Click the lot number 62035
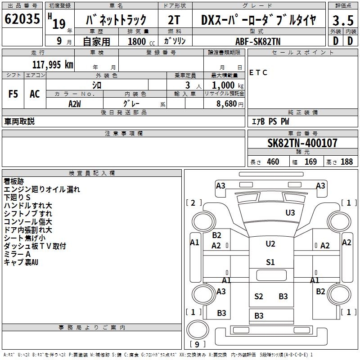[x=22, y=20]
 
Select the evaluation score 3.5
[x=342, y=21]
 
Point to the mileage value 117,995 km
[x=53, y=65]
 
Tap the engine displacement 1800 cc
[x=140, y=41]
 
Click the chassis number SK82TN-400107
[x=302, y=144]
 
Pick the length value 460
[x=273, y=162]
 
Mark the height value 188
[x=346, y=162]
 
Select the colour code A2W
[x=75, y=103]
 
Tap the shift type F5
[x=13, y=94]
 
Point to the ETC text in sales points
[x=258, y=72]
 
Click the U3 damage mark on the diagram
[x=290, y=212]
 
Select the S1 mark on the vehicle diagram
[x=270, y=262]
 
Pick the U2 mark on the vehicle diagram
[x=270, y=244]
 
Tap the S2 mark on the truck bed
[x=258, y=296]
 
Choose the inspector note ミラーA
[x=17, y=254]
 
